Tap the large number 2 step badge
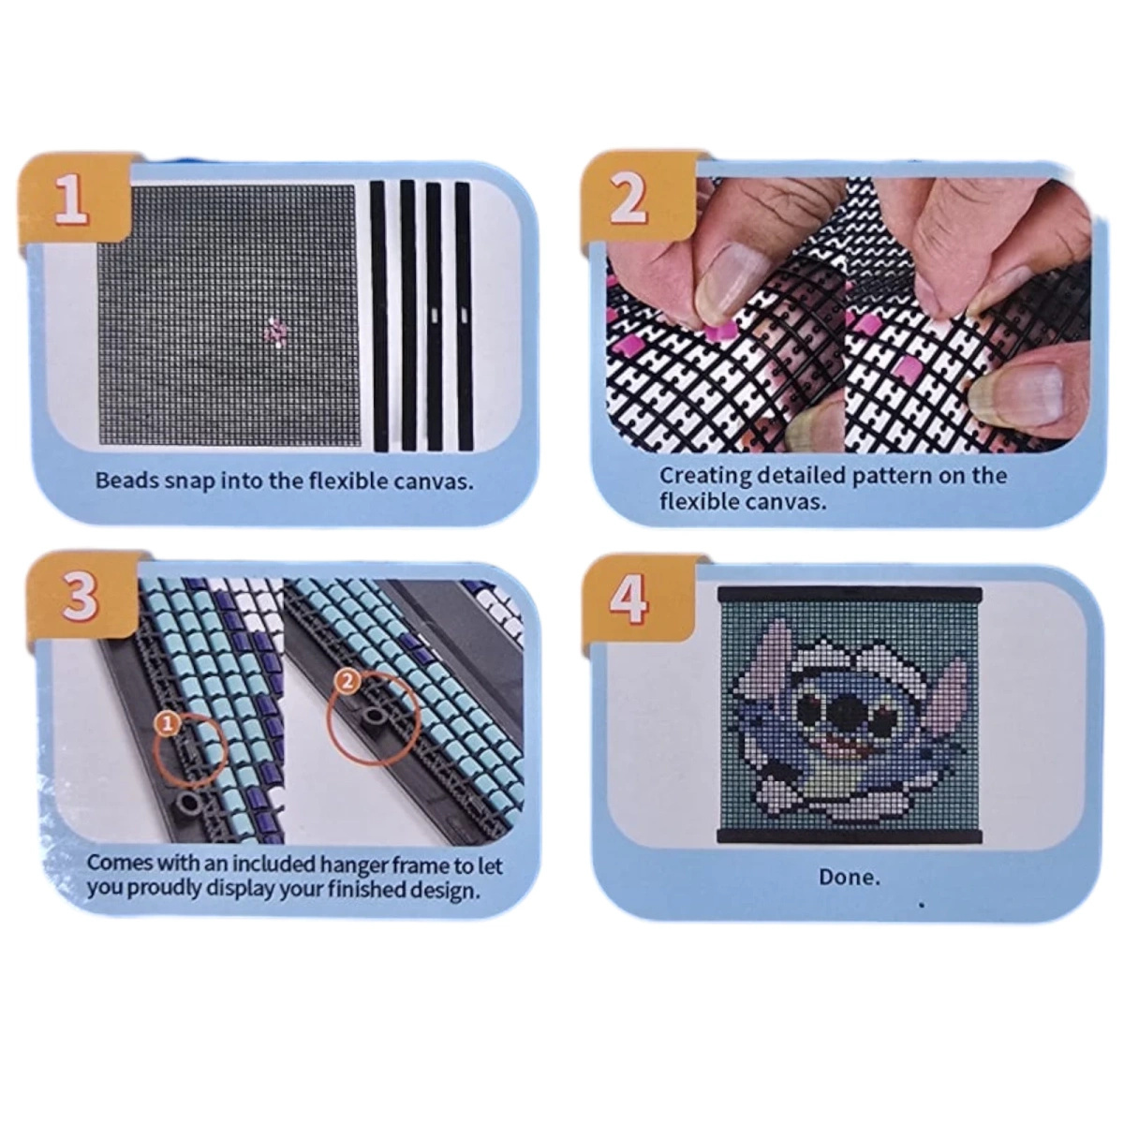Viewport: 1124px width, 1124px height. pyautogui.click(x=627, y=198)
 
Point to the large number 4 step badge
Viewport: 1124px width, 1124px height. pyautogui.click(x=627, y=599)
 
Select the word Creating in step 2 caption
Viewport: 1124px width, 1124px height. pyautogui.click(x=704, y=475)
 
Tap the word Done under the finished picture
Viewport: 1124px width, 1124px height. pyautogui.click(x=849, y=878)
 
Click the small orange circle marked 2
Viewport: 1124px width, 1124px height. pyautogui.click(x=347, y=682)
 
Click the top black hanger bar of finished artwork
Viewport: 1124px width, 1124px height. pyautogui.click(x=849, y=594)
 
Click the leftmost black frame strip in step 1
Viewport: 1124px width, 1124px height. pyautogui.click(x=378, y=315)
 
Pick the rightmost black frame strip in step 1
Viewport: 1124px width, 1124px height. pyautogui.click(x=463, y=315)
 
